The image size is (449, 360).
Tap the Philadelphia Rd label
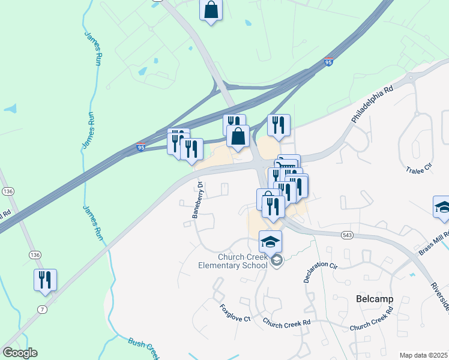[372, 104]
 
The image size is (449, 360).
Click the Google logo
[20, 353]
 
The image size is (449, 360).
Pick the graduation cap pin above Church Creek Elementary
[270, 241]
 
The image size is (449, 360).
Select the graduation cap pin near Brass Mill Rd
[443, 207]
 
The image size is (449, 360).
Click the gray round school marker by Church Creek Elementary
[277, 260]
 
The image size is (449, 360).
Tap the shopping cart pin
[288, 165]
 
